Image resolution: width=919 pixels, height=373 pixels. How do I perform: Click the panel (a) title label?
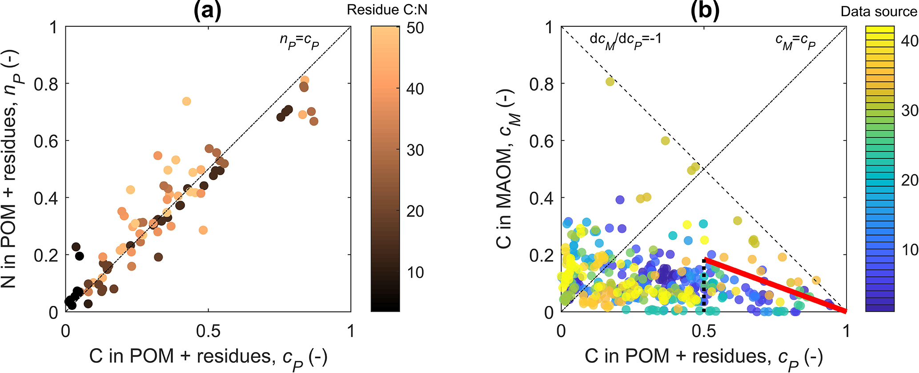coord(208,11)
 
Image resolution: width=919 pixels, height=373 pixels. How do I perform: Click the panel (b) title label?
coord(705,11)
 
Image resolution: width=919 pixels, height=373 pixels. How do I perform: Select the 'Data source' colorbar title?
coord(879,12)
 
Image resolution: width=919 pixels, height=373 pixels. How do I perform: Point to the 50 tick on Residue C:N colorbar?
coord(415,28)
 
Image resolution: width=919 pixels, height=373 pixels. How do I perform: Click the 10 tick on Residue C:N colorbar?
coord(415,272)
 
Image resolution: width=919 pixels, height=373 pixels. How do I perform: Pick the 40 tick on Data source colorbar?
coord(909,41)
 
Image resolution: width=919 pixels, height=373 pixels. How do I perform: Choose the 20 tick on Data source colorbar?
coord(909,180)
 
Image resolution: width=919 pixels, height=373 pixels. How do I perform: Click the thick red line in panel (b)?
coord(774,285)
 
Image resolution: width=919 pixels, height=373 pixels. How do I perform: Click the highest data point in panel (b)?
coord(610,81)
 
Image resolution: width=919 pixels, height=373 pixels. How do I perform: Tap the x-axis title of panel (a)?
coord(208,357)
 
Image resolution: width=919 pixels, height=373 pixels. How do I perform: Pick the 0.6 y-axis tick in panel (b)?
coord(542,141)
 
